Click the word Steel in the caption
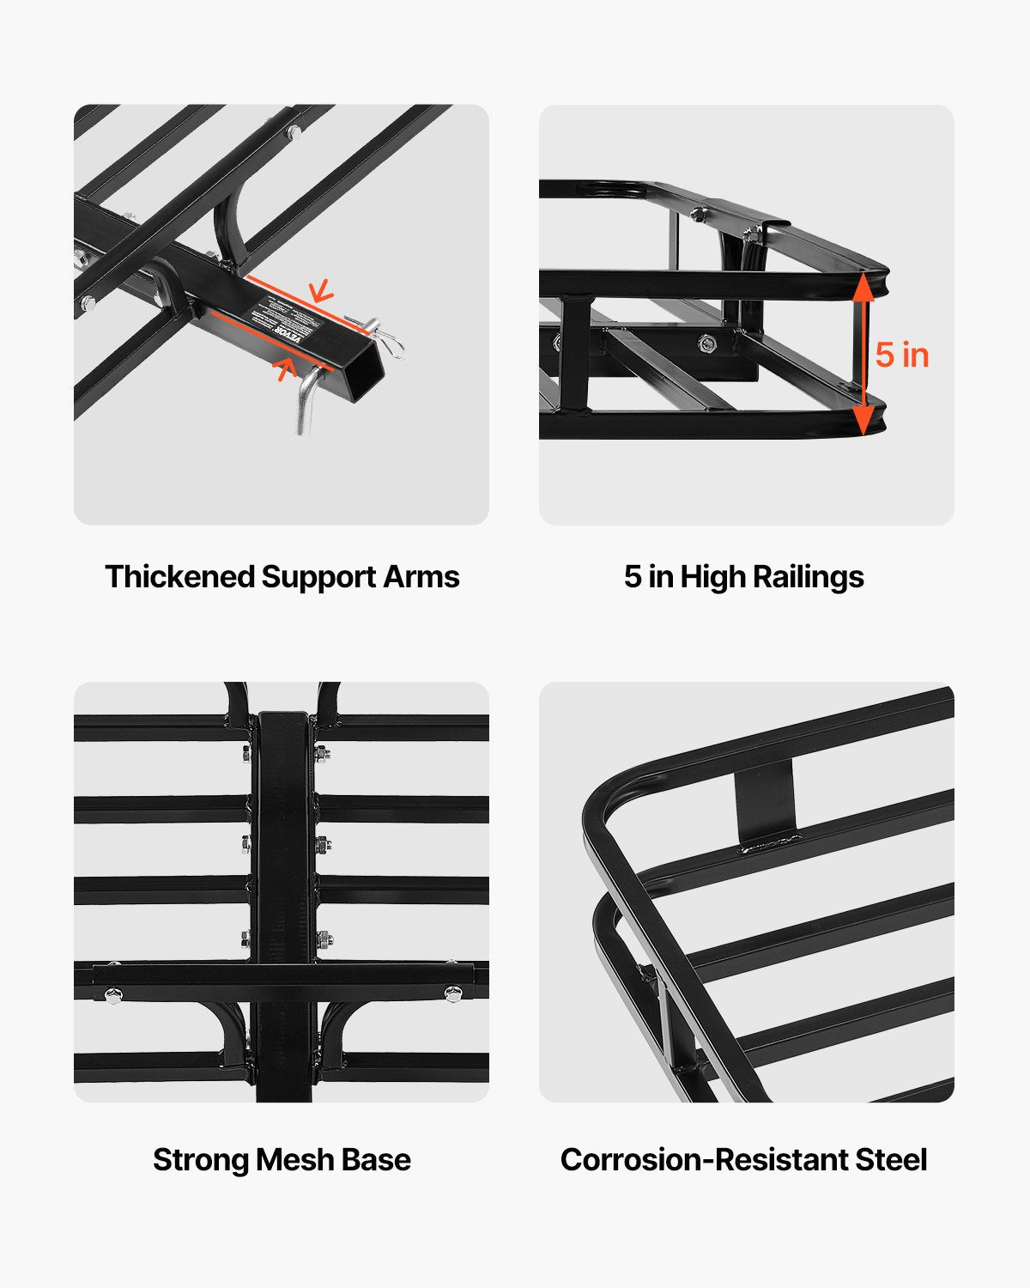[891, 1160]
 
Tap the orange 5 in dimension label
[902, 355]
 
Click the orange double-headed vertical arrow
[864, 354]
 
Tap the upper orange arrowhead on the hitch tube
[321, 291]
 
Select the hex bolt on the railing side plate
[708, 344]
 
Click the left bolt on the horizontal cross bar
[112, 994]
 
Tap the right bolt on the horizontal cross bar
[451, 993]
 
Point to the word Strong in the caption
[201, 1160]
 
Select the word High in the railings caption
[712, 577]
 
